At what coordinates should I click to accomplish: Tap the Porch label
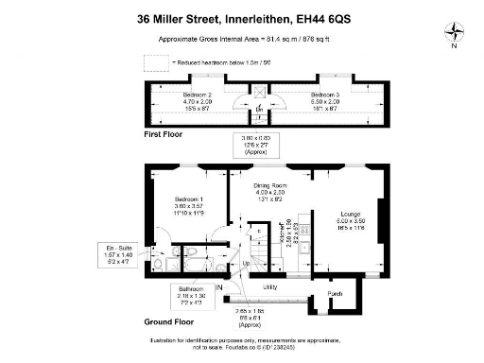tap(335, 294)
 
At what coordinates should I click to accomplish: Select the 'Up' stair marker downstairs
tap(248, 264)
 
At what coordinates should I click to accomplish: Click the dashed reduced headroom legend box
tap(155, 63)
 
